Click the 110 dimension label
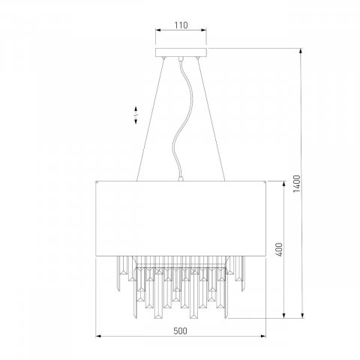[181, 25]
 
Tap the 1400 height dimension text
[297, 184]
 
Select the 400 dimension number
[280, 249]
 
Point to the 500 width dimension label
[180, 331]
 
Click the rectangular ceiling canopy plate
[181, 52]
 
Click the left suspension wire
[151, 119]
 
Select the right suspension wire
[211, 119]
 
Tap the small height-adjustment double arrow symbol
[136, 115]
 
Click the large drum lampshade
[181, 218]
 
